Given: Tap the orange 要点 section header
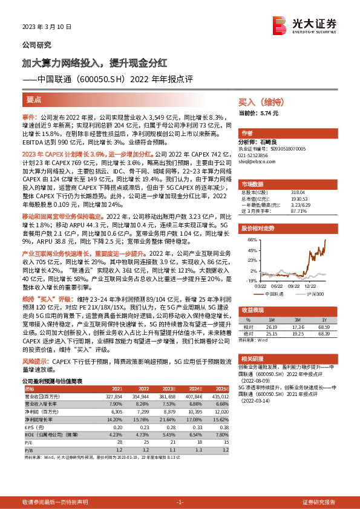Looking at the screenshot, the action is click(x=34, y=99).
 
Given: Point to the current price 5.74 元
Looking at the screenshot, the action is click(x=268, y=113).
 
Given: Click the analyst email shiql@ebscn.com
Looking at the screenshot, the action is click(x=257, y=162).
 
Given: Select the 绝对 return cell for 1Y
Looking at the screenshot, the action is click(x=324, y=332).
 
